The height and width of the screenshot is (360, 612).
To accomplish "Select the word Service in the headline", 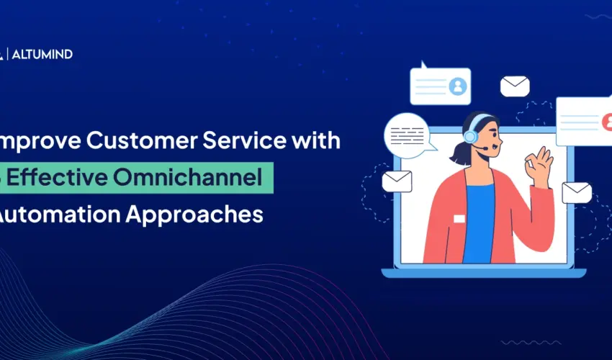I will tap(252, 141).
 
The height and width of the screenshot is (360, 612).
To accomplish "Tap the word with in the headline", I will tap(317, 141).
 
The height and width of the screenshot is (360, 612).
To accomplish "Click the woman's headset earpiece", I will tap(470, 136).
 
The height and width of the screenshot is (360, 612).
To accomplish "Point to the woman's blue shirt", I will tap(478, 223).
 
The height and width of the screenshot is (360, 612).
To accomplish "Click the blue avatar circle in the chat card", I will tap(457, 86).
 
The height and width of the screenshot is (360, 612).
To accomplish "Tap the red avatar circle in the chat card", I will tap(607, 121).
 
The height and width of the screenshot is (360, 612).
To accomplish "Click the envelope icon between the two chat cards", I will tap(515, 86).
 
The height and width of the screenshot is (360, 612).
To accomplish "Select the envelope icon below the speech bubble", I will tap(396, 181).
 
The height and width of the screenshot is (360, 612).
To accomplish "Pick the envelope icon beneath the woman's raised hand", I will tap(576, 192).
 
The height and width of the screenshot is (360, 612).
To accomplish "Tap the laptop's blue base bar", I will tap(483, 273).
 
